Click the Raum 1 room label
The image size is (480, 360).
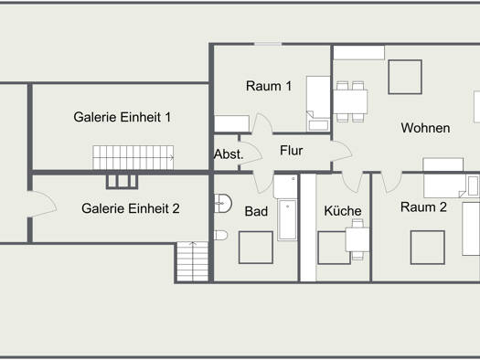pos(269,86)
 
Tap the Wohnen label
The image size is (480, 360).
pos(425,128)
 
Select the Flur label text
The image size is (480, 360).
pos(291,151)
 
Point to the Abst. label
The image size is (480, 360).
pos(229,154)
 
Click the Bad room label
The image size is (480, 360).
pos(256,211)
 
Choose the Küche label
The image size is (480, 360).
pos(343,211)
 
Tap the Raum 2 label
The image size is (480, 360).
pos(423,207)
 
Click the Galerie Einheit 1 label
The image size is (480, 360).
pos(123,117)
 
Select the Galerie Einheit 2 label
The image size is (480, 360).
pos(131,208)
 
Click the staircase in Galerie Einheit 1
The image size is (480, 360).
pos(133,157)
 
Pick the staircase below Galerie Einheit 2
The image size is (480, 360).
pos(193,261)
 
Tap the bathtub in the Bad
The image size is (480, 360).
pos(287,219)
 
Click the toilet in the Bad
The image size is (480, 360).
pos(220,235)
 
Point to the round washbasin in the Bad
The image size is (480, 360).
pos(223,203)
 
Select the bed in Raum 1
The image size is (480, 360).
pos(318,103)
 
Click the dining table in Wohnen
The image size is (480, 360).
pos(350,101)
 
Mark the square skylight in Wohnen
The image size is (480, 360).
pos(405,77)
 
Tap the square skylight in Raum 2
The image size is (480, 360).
pos(427,248)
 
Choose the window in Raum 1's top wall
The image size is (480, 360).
pos(268,45)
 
